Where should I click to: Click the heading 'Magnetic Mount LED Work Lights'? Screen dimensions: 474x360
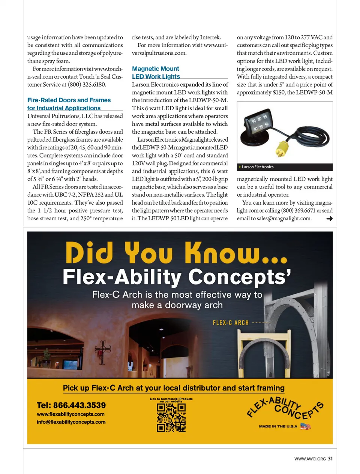tap(156, 73)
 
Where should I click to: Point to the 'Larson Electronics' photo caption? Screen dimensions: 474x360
tap(258, 167)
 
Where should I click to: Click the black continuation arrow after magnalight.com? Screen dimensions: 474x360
tap(329, 218)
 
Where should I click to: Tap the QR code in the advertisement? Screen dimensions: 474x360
tap(171, 417)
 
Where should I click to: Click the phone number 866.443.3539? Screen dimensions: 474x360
tap(71, 405)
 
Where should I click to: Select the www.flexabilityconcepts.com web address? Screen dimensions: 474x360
tap(70, 414)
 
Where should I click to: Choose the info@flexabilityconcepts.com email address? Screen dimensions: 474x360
tap(71, 422)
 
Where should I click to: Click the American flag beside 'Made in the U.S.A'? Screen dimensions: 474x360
tap(305, 426)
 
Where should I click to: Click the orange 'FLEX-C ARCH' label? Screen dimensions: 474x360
tap(231, 323)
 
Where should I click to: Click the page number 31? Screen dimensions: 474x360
tap(330, 459)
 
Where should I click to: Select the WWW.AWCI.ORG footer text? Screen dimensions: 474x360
tap(310, 459)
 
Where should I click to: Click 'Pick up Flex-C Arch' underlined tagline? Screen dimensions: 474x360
tap(174, 388)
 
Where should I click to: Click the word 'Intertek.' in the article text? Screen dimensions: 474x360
tap(210, 37)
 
